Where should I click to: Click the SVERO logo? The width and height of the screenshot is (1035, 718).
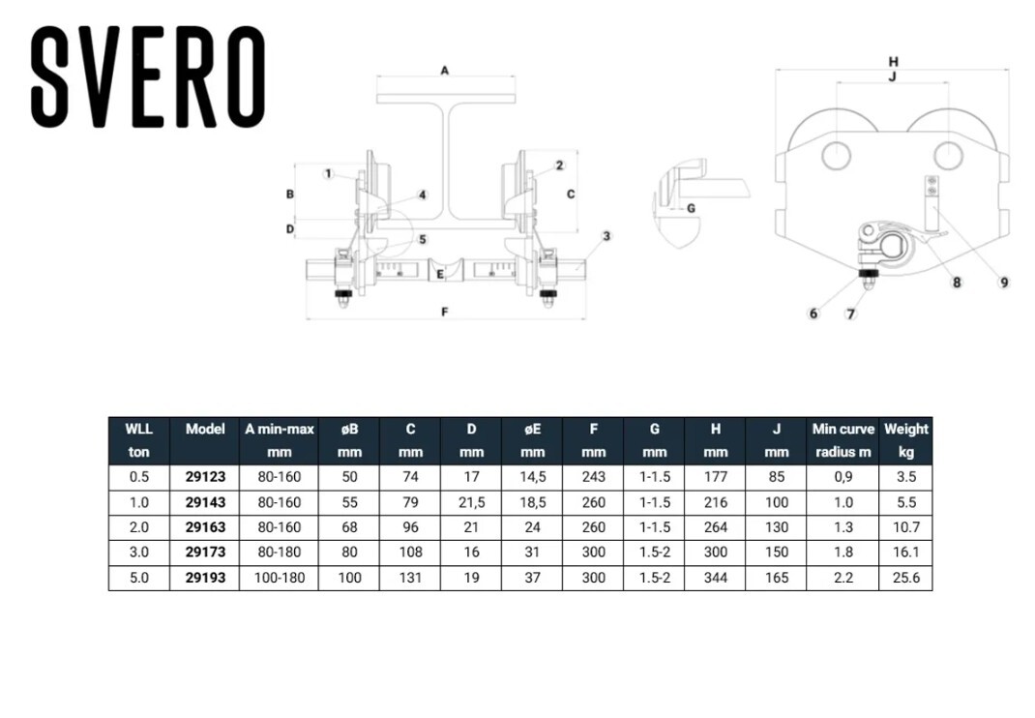148,76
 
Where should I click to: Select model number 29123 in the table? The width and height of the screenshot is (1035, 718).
205,476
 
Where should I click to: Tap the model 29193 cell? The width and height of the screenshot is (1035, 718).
205,578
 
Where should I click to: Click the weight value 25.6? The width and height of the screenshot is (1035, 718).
905,578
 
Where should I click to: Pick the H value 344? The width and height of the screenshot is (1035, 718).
716,578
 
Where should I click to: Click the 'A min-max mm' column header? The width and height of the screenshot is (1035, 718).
279,439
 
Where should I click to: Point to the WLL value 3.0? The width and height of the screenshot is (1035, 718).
139,553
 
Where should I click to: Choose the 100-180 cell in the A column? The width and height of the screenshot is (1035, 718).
279,578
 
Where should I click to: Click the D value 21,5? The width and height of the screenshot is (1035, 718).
471,501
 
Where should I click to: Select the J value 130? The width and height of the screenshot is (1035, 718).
776,527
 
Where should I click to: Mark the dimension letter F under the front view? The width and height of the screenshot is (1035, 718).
444,313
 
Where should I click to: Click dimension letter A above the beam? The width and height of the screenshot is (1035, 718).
444,70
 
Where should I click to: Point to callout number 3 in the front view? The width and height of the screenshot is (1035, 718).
606,236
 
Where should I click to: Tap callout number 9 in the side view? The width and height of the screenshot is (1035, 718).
1004,283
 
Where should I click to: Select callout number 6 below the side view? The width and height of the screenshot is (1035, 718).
813,314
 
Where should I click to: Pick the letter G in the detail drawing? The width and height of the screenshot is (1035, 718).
691,208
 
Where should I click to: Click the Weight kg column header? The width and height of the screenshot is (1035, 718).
905,439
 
